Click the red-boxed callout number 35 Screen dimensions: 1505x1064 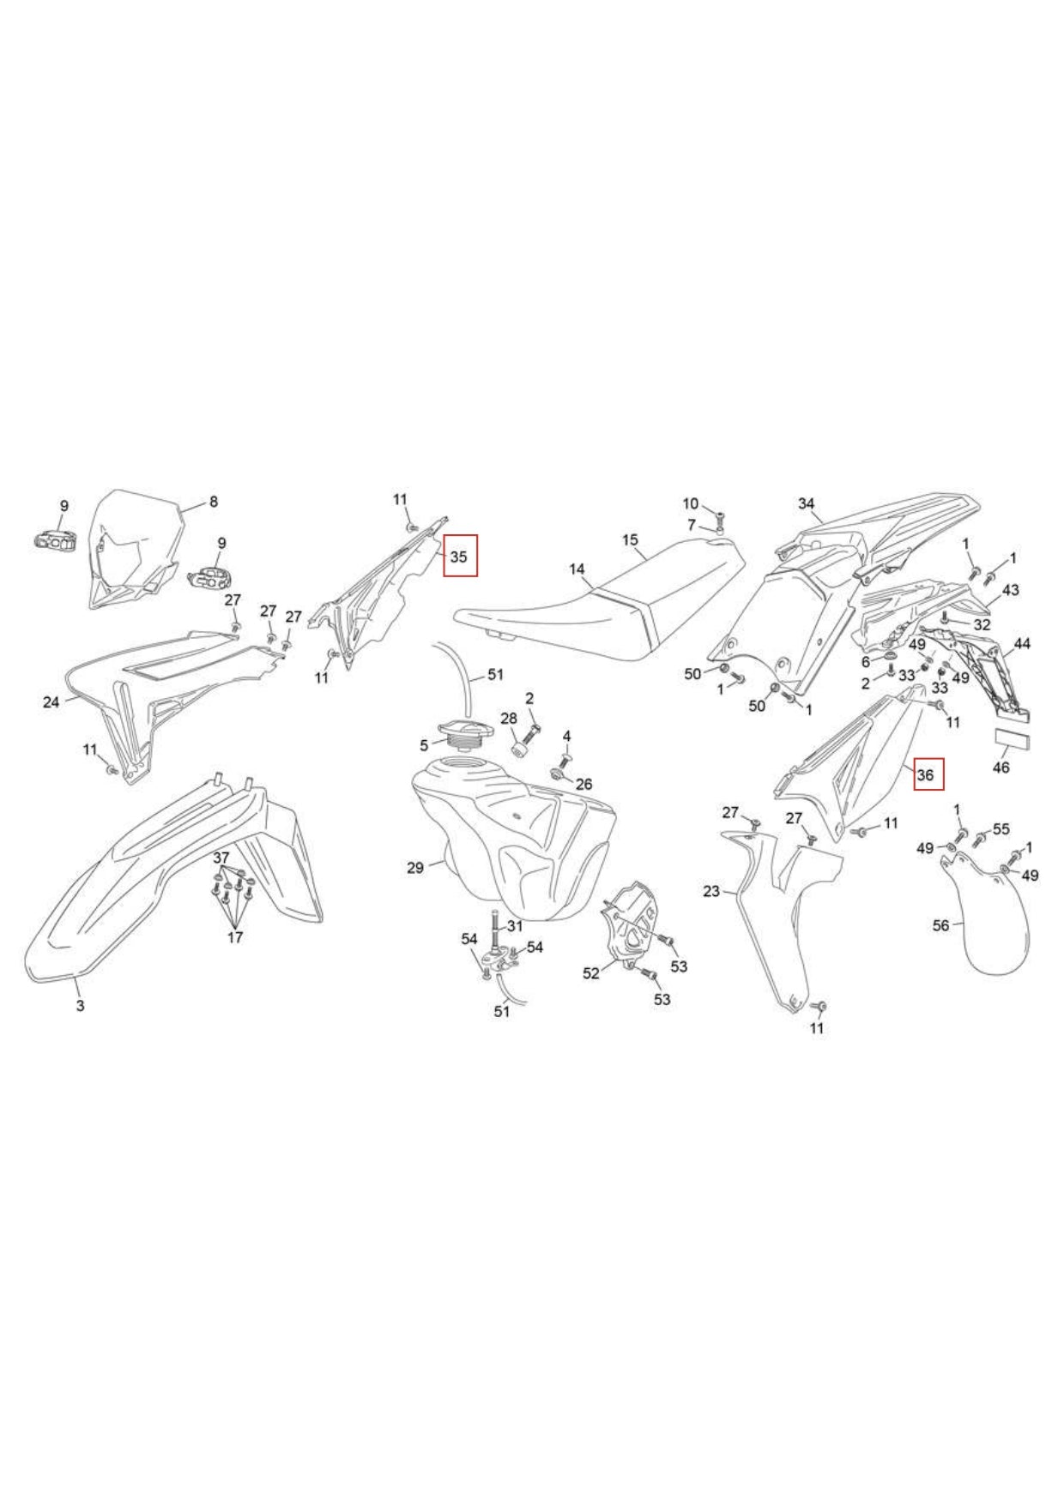(x=459, y=557)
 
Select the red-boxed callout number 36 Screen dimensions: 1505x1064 (x=925, y=775)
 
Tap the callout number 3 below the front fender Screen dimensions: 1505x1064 (x=80, y=1005)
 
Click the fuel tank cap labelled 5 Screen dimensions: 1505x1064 (x=461, y=731)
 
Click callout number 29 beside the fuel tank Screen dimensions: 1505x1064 (x=415, y=868)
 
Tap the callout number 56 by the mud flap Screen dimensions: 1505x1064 (x=941, y=925)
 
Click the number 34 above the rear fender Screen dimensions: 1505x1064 (x=807, y=503)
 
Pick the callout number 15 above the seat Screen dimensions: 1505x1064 (x=631, y=539)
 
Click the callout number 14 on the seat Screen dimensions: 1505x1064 (x=577, y=569)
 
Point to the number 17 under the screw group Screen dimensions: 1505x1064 (x=235, y=937)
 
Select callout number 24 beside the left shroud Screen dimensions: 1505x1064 (x=51, y=702)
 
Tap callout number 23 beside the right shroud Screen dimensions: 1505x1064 (x=711, y=892)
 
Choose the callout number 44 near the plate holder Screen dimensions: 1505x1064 (x=1022, y=643)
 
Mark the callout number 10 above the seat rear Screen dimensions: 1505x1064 (x=691, y=503)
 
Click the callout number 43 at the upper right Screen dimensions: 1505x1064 (x=1011, y=590)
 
